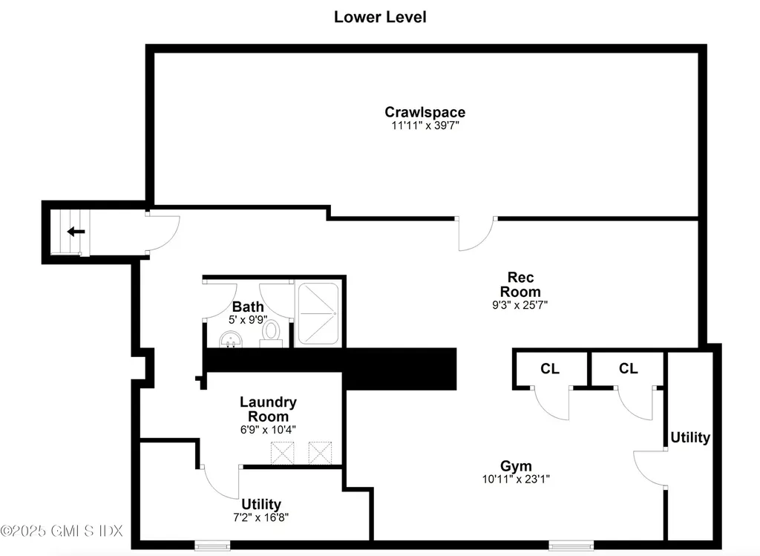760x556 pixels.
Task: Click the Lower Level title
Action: click(380, 16)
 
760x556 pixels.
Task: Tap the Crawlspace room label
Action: click(425, 112)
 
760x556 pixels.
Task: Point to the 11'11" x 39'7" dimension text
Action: click(425, 125)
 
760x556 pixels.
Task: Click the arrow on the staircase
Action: click(76, 232)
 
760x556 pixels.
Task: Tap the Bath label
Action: click(248, 307)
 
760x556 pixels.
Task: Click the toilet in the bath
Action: click(272, 332)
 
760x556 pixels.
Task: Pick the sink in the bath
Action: click(232, 340)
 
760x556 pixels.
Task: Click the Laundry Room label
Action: click(268, 409)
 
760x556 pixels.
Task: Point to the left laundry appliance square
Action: click(283, 452)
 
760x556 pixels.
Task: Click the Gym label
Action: click(516, 466)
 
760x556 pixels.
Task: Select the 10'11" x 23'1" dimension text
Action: click(516, 479)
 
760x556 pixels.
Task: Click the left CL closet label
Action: click(550, 369)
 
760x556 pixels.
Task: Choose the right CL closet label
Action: click(628, 369)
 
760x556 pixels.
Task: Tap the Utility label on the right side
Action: click(690, 437)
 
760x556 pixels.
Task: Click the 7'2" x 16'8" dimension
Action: click(261, 517)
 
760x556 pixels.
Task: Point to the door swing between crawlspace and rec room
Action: click(475, 234)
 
